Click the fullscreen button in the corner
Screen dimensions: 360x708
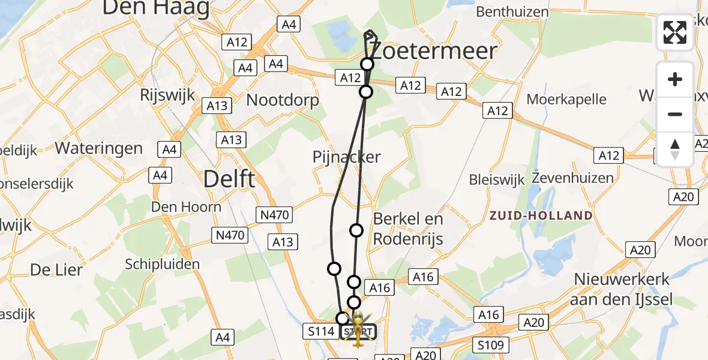(675, 32)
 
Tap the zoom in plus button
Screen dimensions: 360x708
(675, 79)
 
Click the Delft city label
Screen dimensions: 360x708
(229, 178)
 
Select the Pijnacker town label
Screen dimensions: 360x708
(347, 157)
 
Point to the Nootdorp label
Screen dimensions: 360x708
(283, 100)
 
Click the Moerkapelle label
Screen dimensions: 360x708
(566, 99)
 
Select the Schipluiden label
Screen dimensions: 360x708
(163, 264)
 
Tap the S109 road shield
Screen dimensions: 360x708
(491, 345)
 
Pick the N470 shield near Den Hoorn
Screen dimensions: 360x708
(229, 235)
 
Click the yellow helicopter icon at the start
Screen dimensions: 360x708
(358, 329)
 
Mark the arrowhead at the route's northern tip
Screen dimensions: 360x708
(370, 35)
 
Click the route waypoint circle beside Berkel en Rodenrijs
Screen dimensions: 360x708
(356, 230)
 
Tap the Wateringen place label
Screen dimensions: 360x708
(99, 148)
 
